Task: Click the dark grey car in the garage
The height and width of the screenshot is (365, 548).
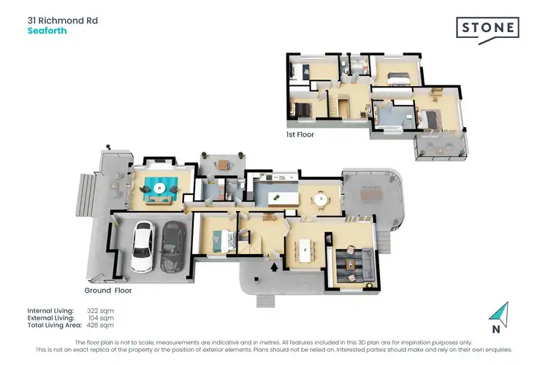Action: (172, 245)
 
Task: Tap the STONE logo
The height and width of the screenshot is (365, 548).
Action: (488, 29)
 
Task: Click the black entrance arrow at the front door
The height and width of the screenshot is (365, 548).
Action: (275, 268)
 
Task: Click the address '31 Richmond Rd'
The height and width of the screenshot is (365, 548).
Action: (62, 20)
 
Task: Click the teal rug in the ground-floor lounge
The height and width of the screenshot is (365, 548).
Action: (159, 191)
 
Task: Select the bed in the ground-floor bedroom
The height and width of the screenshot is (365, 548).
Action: (219, 237)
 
